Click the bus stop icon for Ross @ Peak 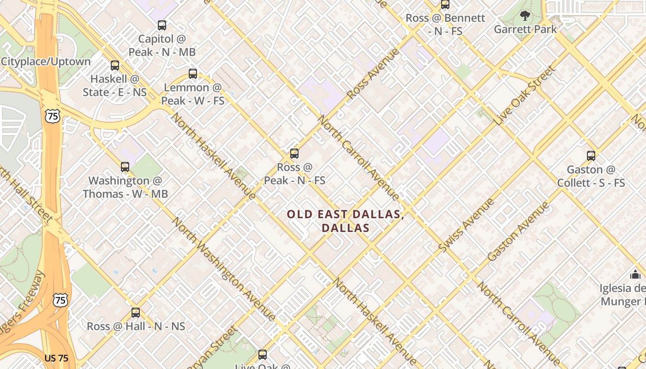coord(294,154)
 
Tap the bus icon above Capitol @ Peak coord(162,25)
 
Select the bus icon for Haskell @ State coord(115,65)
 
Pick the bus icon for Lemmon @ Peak coord(193,73)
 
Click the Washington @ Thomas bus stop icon coord(125,167)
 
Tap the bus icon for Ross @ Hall coord(136,313)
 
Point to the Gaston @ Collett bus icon coord(591,156)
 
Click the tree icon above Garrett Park coord(525,16)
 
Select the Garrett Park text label coord(525,30)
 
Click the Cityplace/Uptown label coord(46,61)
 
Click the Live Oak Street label coord(526,95)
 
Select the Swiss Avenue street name coord(466,225)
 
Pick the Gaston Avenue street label coord(519,232)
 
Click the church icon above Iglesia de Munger coord(635,274)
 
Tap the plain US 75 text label coord(57,358)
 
